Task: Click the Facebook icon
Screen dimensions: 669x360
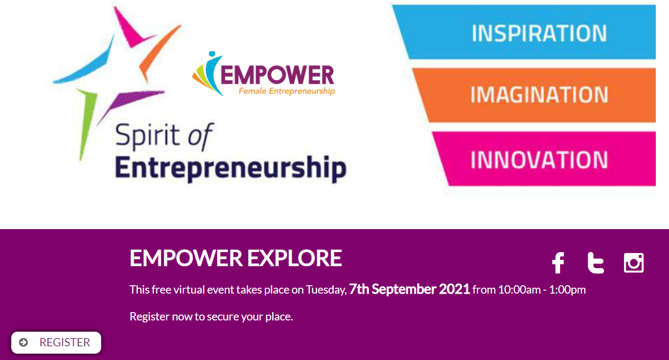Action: click(x=558, y=263)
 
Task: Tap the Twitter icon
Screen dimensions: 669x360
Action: click(x=596, y=263)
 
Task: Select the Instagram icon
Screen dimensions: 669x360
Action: click(x=634, y=263)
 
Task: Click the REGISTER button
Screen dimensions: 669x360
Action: click(x=56, y=342)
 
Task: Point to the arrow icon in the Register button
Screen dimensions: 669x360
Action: click(x=23, y=342)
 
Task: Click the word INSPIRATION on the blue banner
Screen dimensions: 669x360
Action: click(x=540, y=33)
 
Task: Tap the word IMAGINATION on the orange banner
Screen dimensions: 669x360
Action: click(x=540, y=95)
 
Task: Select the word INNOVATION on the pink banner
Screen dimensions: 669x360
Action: click(x=540, y=160)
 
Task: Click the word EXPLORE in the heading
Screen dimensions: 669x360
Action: click(x=295, y=258)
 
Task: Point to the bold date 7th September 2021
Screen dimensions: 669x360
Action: click(x=410, y=289)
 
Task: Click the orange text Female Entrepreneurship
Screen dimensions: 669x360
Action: click(x=287, y=91)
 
